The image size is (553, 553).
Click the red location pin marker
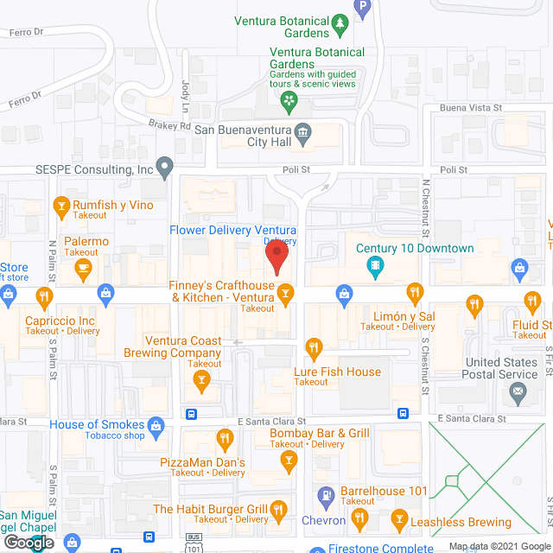pos(276,257)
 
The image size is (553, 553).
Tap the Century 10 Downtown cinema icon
pos(373,268)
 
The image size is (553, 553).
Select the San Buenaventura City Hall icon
pos(302,131)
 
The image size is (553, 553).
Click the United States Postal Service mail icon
pos(518,393)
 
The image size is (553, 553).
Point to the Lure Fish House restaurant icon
pos(314,349)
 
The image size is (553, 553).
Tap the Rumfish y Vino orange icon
pos(61,206)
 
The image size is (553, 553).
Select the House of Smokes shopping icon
pos(156,424)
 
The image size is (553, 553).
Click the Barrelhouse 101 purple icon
pos(326,495)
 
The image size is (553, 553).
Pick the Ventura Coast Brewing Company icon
pos(201,378)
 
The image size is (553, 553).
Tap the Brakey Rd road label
pos(168,125)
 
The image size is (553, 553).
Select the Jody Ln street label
pos(183,90)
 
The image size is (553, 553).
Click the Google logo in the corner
pos(28,543)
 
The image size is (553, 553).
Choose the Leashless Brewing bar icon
pos(398,518)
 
